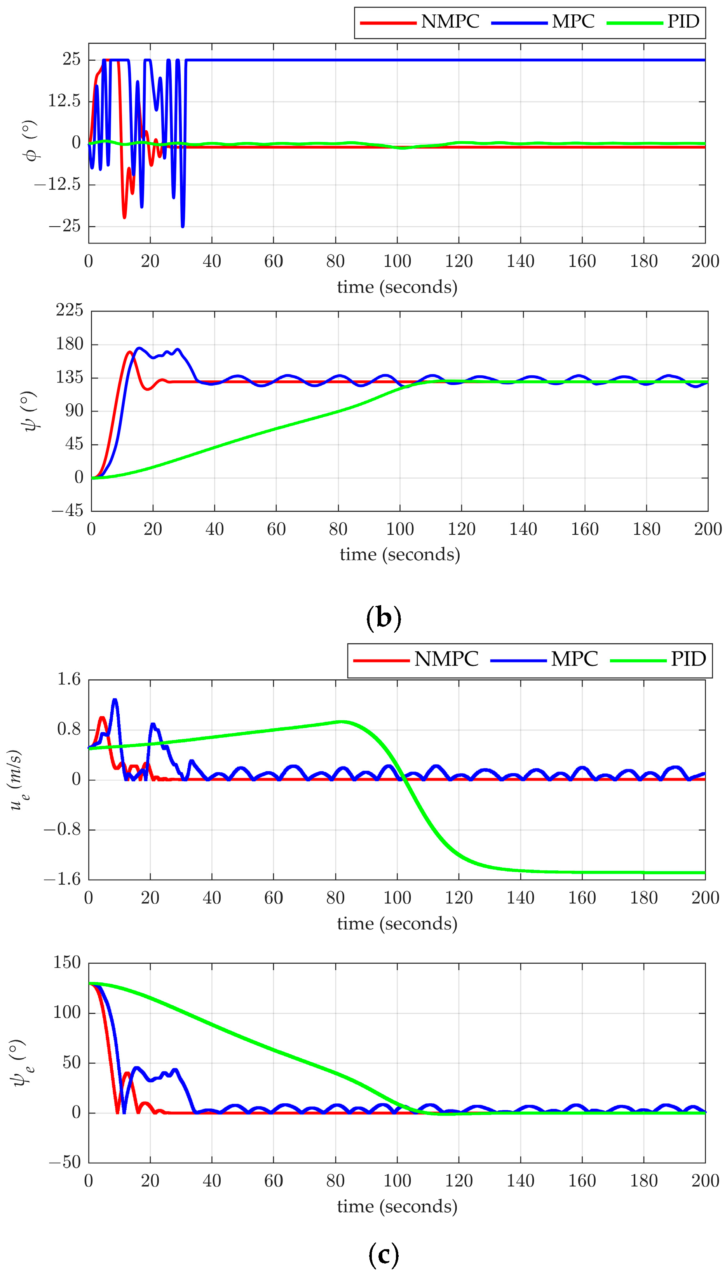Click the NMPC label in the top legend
pos(450,21)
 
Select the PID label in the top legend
pos(683,21)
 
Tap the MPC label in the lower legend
pos(574,659)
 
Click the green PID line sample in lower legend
pos(638,660)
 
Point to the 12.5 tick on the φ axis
pos(64,101)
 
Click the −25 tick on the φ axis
pos(64,226)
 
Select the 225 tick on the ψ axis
pos(70,310)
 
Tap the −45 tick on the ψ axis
pos(67,511)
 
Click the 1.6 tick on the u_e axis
pos(68,679)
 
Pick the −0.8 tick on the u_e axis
pos(62,830)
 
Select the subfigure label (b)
pos(384,618)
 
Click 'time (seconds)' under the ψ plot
pos(399,554)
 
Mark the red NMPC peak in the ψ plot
pos(130,352)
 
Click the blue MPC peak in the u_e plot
pos(115,700)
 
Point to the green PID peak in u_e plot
pos(342,721)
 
